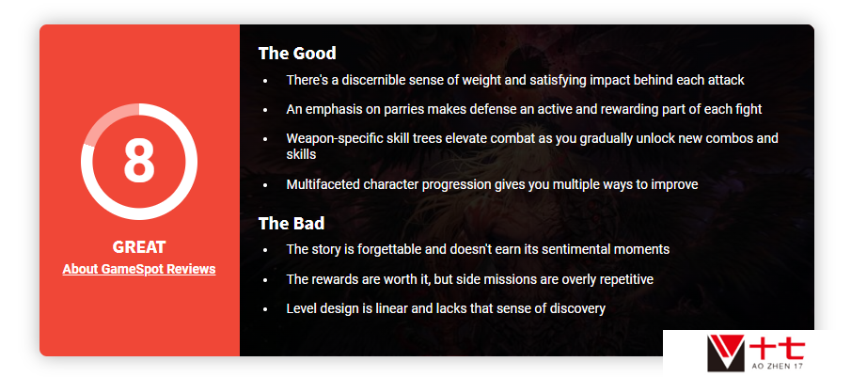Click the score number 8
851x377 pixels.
[x=139, y=161]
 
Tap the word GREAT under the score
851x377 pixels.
[x=139, y=247]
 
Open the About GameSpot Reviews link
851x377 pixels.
[x=139, y=269]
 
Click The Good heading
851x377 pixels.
[x=297, y=54]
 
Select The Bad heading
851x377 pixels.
[x=292, y=224]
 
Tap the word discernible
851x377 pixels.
[x=377, y=80]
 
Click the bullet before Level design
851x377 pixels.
[x=265, y=309]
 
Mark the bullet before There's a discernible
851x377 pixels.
[x=265, y=81]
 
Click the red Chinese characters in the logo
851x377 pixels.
[x=779, y=348]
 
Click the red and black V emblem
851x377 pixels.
[x=726, y=353]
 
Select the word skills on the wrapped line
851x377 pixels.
[x=301, y=154]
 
